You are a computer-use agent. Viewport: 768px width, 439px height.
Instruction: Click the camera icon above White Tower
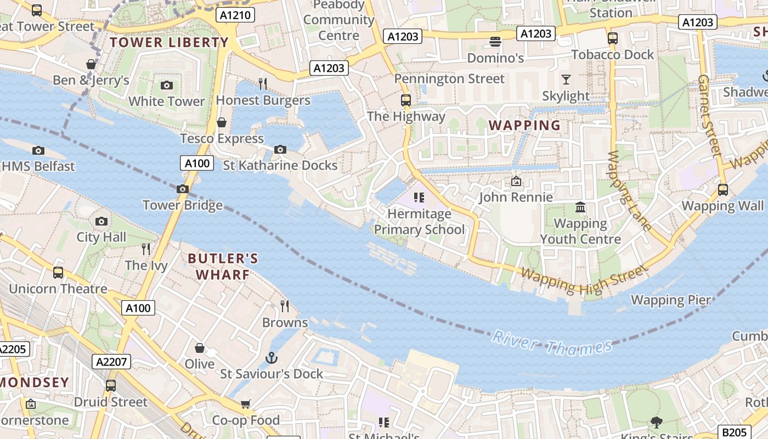pos(167,85)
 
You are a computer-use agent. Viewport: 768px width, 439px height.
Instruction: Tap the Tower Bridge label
pos(183,205)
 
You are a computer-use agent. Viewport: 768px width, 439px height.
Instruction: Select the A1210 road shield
pos(236,15)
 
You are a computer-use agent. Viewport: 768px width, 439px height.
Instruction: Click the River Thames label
pos(551,343)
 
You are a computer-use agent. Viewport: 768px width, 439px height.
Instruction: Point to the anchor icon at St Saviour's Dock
pos(272,358)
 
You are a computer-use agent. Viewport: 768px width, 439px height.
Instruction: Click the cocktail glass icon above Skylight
pos(566,80)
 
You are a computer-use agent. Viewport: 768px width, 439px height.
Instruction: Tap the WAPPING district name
pos(525,125)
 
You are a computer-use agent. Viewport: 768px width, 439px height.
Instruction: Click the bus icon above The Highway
pos(406,100)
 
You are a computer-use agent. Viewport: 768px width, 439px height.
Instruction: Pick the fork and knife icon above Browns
pos(284,306)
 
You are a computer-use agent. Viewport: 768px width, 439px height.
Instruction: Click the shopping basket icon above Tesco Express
pos(222,122)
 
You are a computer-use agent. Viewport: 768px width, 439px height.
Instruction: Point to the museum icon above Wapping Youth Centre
pos(580,207)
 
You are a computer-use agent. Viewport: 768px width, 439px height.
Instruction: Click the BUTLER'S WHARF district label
pos(223,266)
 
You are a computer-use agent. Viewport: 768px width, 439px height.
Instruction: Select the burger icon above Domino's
pos(495,41)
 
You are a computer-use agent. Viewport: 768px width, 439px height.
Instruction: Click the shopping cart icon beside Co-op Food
pos(245,404)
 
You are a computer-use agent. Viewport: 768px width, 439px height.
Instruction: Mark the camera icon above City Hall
pos(101,221)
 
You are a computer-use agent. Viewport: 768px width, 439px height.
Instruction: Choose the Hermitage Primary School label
pos(420,222)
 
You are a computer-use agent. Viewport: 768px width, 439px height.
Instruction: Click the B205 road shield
pos(734,432)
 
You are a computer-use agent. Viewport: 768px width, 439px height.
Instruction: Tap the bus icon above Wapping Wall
pos(723,189)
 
